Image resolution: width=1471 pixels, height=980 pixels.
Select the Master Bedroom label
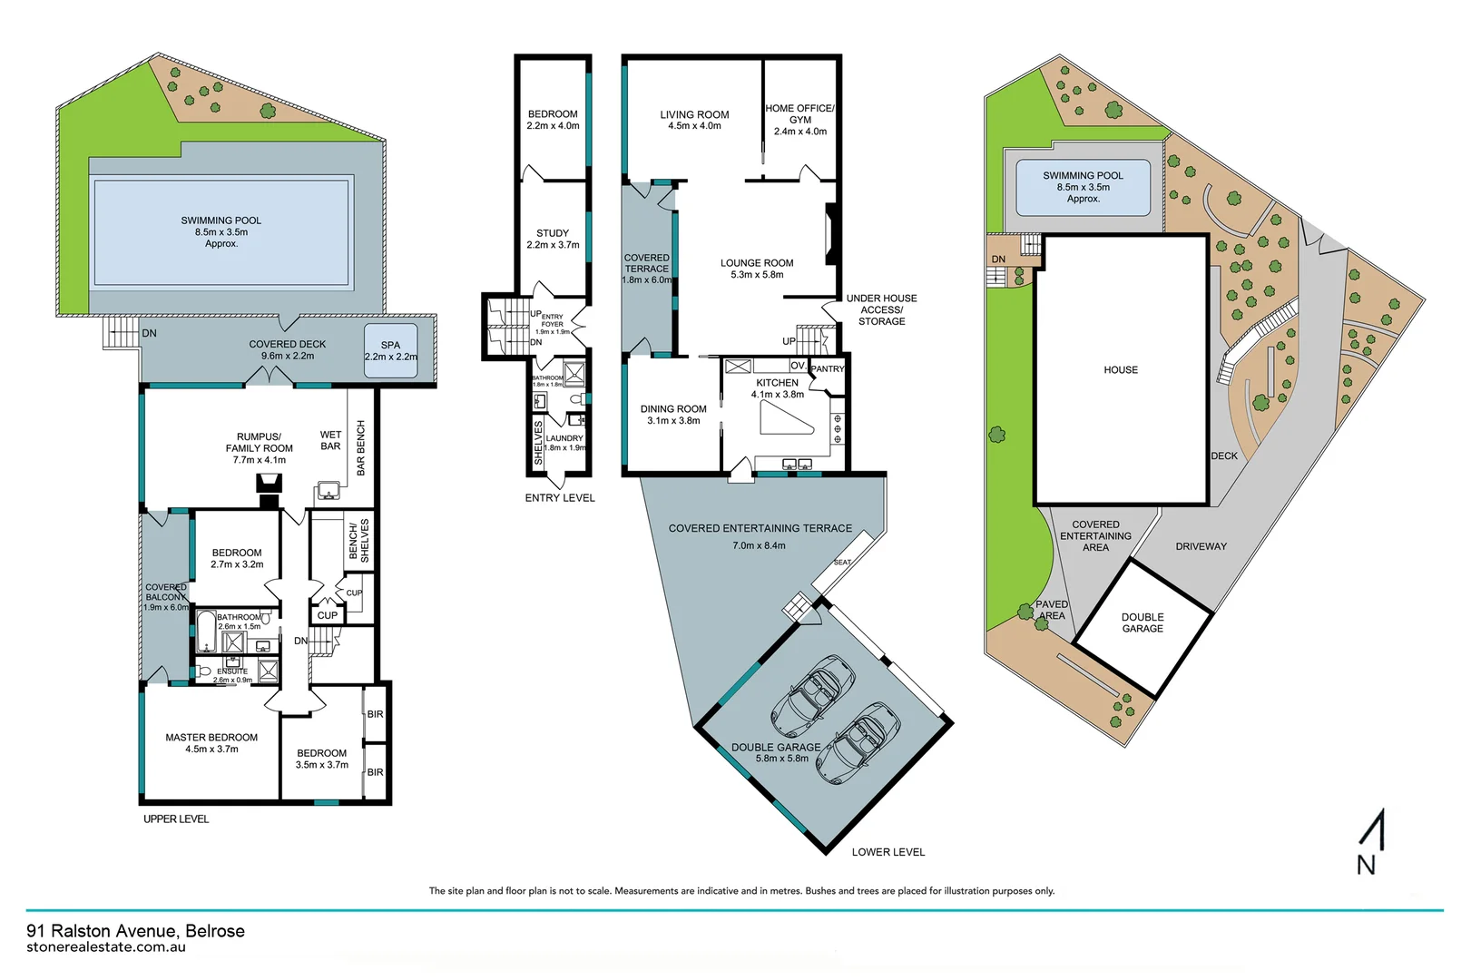point(211,743)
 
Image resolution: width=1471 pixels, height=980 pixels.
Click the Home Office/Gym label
point(799,120)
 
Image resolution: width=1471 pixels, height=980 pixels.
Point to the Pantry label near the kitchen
point(827,369)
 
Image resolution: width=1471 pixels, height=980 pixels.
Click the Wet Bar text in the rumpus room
point(330,441)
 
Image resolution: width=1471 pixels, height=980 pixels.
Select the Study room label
point(553,239)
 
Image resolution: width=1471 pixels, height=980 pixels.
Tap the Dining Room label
point(673,415)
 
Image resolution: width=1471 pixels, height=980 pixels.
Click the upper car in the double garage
point(813,695)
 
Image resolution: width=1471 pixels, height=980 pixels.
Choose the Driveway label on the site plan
point(1201,546)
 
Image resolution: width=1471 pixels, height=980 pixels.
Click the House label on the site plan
point(1121,370)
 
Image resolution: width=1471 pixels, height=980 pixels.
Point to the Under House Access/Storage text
point(881,309)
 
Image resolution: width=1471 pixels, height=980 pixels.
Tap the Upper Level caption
point(176,819)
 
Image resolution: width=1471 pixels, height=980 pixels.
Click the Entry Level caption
point(560,498)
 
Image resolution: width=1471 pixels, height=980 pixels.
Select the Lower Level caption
point(888,852)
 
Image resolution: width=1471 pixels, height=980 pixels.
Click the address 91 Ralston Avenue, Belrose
point(136,931)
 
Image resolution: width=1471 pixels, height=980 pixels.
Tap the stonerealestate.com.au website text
point(106,947)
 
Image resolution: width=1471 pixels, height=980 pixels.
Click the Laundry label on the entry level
point(564,442)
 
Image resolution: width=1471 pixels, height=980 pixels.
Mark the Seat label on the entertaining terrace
point(842,563)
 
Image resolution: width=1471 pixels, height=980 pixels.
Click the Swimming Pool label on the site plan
point(1083,186)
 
